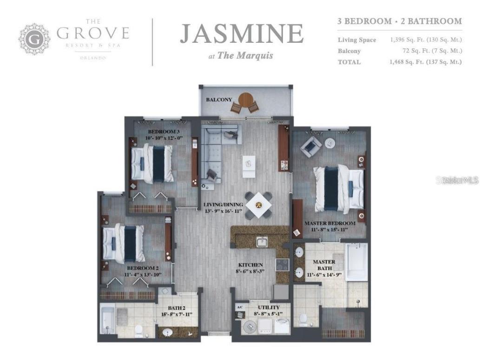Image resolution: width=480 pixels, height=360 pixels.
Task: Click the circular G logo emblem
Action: pos(34,39)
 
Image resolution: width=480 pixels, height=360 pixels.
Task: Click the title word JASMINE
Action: pos(241,34)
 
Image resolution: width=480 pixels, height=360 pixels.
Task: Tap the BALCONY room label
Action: pos(219,100)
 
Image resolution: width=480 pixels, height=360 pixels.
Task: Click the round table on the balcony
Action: pos(245,99)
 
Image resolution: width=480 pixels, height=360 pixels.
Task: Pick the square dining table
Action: pos(259,205)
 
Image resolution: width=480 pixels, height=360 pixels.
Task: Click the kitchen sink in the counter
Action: pos(262,242)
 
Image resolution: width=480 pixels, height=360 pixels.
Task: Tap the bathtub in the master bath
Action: pos(356,261)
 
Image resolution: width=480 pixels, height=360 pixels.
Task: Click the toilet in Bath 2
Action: pos(138,331)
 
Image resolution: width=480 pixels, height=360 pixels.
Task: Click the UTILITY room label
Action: pos(269,307)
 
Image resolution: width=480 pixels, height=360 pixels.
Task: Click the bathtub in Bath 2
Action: pos(107,319)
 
